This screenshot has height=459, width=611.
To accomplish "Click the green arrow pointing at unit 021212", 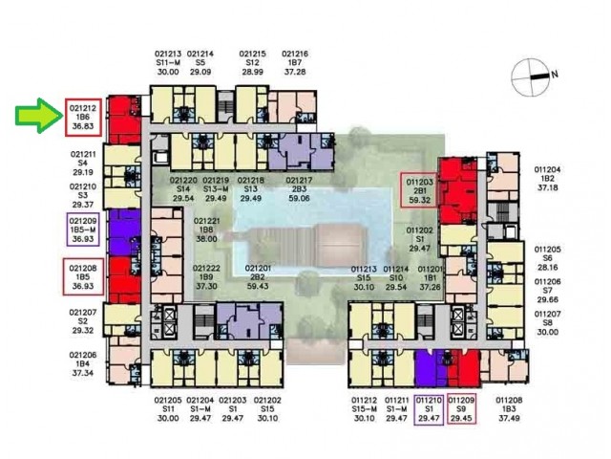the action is pos(39,116).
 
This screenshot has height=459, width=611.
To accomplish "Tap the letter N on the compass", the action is pos(554,74).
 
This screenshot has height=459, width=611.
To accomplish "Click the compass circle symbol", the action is pos(529,77).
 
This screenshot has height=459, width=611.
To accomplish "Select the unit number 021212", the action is pos(83,108).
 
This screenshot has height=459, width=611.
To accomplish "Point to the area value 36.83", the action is pos(83,126).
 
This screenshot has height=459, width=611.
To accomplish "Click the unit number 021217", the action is pos(299,181).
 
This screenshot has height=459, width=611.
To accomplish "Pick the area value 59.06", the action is pos(299,198).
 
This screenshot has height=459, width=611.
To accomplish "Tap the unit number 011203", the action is pos(419,182).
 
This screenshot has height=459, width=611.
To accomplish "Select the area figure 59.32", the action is pos(419,200).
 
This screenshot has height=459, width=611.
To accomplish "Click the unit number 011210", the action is pos(429,400).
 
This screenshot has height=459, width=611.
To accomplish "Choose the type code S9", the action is pos(461,409).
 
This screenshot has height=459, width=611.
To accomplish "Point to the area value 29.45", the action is pos(461,419).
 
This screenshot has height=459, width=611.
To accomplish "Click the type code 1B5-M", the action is pos(83,229).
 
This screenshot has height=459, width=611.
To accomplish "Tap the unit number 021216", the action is pos(295,54).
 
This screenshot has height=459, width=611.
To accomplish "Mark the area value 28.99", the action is pos(252,72).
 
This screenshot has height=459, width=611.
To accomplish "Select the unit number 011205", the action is pos(547,250).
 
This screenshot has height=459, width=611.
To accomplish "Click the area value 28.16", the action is pos(547,268).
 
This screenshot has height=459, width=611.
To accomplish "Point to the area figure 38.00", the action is pos(206,239).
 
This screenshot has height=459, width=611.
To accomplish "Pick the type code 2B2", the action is pos(258,277).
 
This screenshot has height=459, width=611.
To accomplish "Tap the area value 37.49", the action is pos(509,419).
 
